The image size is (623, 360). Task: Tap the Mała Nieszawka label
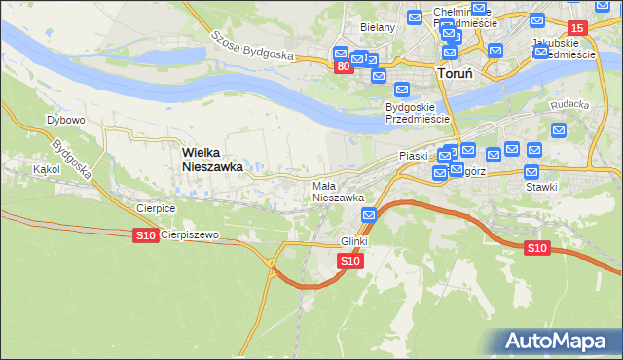point(338,191)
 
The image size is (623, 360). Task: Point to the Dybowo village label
point(66,120)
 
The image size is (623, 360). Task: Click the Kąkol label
point(46,168)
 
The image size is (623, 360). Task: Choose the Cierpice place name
point(155,207)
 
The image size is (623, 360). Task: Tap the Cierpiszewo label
point(190,235)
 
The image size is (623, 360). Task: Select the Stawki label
point(540,186)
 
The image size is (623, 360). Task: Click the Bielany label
point(378,27)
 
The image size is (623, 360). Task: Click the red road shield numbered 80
point(343,67)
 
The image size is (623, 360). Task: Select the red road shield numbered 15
point(577,28)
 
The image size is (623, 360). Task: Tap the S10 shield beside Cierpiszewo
point(145,235)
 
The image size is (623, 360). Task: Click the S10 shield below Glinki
point(351,261)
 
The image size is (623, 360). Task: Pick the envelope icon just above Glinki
point(369,215)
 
